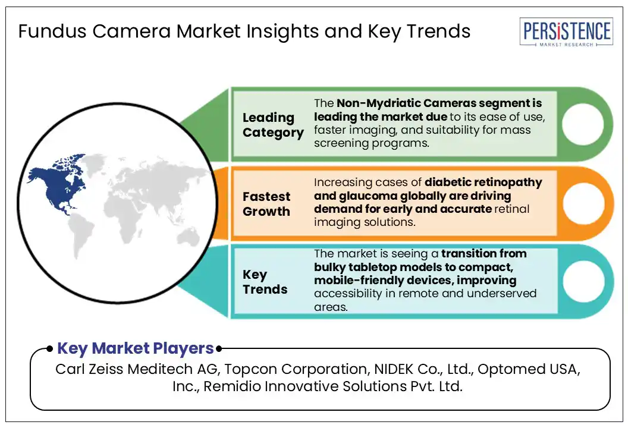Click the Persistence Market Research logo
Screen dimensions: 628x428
click(x=566, y=32)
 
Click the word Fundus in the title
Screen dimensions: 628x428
click(x=52, y=32)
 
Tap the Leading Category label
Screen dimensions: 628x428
click(x=273, y=125)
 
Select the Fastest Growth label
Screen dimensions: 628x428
click(x=266, y=204)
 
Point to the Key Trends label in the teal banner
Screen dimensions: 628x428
click(x=265, y=282)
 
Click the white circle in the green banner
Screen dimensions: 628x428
click(x=582, y=124)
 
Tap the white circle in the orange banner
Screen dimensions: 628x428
click(x=583, y=203)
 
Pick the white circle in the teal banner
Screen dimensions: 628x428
click(x=583, y=281)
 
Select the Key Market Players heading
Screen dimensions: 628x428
click(x=136, y=348)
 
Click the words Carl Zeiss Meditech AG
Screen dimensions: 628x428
click(x=137, y=369)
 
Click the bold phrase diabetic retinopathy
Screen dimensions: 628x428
click(x=483, y=182)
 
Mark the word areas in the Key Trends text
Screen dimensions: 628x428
click(x=331, y=307)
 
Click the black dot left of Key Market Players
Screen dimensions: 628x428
click(x=50, y=349)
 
